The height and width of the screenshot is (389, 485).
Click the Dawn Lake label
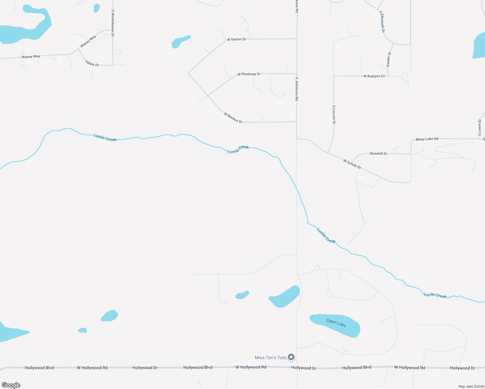336,323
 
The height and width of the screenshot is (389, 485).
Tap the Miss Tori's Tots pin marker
291,357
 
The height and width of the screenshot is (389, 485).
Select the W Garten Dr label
236,39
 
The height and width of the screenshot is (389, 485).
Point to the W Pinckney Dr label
249,74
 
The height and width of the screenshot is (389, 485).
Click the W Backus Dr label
233,117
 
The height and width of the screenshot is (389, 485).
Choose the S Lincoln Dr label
334,115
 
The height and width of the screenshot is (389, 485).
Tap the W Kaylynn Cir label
374,76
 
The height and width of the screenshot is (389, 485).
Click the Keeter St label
389,59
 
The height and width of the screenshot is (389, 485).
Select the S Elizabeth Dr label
382,22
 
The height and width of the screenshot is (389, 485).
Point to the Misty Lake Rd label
427,139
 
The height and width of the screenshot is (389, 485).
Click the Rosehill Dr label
379,154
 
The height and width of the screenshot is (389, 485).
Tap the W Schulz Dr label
352,164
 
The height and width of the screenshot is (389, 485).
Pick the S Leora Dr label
480,128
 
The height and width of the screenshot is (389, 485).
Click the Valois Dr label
92,63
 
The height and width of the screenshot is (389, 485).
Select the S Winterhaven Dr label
112,23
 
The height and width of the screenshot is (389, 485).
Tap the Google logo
11,385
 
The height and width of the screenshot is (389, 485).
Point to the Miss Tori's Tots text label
270,358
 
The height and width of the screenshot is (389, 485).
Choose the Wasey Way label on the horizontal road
31,57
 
